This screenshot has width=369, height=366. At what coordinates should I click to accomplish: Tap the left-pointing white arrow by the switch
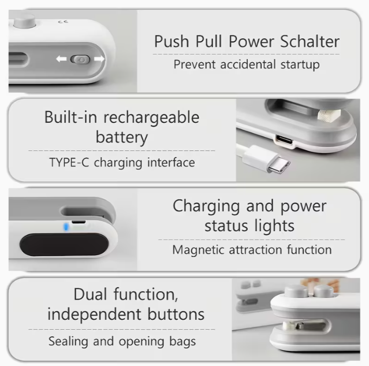pyautogui.click(x=62, y=58)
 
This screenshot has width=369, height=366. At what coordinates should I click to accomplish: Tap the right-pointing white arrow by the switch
pyautogui.click(x=99, y=58)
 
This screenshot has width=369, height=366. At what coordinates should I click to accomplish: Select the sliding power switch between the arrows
pyautogui.click(x=80, y=60)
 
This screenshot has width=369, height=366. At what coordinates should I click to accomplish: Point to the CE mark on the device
pyautogui.click(x=63, y=22)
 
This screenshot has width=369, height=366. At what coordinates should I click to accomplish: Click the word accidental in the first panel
pyautogui.click(x=248, y=64)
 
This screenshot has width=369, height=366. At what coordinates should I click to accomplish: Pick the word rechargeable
pyautogui.click(x=151, y=118)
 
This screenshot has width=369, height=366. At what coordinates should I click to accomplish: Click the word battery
pyautogui.click(x=122, y=137)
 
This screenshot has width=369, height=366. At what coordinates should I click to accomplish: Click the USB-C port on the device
pyautogui.click(x=284, y=140)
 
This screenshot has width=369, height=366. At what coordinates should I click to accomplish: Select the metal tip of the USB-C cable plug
pyautogui.click(x=279, y=165)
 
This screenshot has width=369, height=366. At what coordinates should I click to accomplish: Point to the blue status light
pyautogui.click(x=66, y=227)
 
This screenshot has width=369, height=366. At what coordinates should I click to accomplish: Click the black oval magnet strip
pyautogui.click(x=64, y=245)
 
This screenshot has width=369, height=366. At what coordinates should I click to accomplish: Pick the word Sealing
pyautogui.click(x=68, y=341)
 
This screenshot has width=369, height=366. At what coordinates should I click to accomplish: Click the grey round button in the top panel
pyautogui.click(x=25, y=21)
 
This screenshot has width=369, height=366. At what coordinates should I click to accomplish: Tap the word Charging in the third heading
pyautogui.click(x=206, y=207)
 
